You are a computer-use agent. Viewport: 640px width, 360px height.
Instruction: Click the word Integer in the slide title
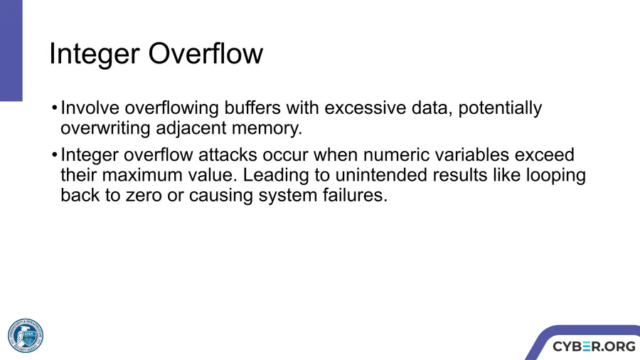tap(95, 54)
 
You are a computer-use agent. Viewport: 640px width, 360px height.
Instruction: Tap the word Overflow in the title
tap(206, 53)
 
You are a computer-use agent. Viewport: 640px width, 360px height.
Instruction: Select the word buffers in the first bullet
tap(252, 107)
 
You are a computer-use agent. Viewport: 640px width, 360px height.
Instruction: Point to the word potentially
tap(500, 109)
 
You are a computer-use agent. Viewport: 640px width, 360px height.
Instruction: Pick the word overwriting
tap(105, 129)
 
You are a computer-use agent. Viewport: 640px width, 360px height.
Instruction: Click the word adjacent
tap(191, 129)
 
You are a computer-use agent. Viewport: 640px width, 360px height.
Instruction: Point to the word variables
tap(470, 155)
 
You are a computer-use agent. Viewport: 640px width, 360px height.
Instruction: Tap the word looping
tap(555, 176)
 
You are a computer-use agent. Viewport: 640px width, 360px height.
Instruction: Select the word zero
tap(144, 196)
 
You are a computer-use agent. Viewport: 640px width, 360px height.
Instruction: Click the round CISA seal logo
tap(26, 336)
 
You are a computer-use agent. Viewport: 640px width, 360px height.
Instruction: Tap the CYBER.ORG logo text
tap(594, 346)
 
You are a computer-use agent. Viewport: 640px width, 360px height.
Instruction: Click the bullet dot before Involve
tap(54, 109)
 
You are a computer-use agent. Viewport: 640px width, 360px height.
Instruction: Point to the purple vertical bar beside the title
tap(11, 51)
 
